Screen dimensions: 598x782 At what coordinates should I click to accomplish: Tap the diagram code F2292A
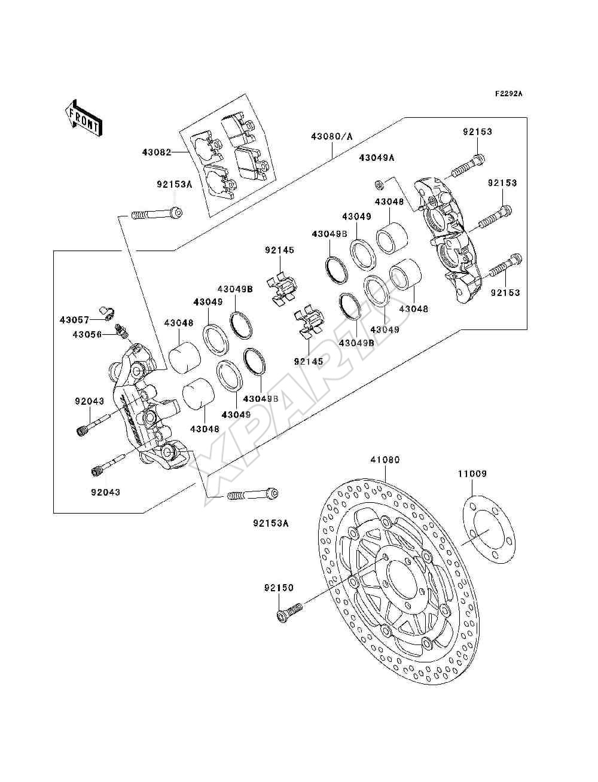pos(508,94)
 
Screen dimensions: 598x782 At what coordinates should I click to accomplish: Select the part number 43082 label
pos(157,152)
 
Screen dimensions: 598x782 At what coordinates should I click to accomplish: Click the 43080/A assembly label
pos(332,136)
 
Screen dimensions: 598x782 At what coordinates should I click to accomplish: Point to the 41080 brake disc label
pos(385,460)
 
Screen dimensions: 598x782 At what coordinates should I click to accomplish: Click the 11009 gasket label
pos(472,474)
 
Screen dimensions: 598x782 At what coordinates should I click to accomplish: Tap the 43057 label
pos(74,320)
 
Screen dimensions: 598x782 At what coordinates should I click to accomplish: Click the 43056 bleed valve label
pos(87,335)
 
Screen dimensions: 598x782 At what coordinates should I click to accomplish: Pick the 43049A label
pos(377,158)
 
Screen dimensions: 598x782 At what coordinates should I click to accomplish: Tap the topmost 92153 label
pos(478,132)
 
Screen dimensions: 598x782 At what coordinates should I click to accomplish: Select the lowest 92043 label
pos(105,493)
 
